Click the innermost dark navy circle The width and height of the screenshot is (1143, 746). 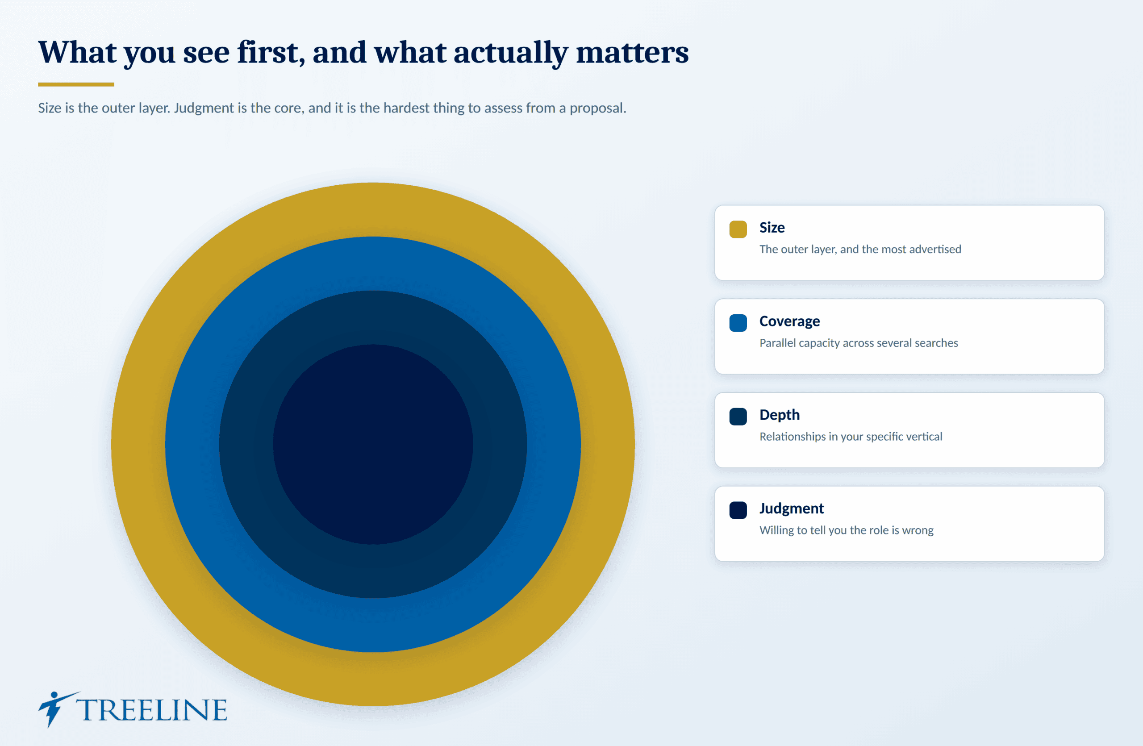(x=373, y=444)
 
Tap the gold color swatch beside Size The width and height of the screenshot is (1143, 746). (x=738, y=229)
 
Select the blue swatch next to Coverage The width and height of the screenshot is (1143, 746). (x=738, y=323)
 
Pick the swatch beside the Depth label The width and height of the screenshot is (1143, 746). (x=738, y=416)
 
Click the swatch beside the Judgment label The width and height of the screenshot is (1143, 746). (x=738, y=510)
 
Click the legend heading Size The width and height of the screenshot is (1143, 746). (x=772, y=228)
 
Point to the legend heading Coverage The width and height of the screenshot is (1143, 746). (x=789, y=321)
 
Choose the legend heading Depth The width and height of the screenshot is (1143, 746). (x=780, y=415)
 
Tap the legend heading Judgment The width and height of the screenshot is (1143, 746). (x=792, y=508)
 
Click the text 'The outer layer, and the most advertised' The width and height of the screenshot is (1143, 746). (x=860, y=249)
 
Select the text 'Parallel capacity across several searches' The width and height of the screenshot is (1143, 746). (x=859, y=343)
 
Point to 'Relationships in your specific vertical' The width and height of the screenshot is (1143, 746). (x=851, y=436)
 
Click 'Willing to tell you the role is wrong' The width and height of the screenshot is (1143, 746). (x=846, y=530)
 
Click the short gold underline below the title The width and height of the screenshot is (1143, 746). (x=76, y=84)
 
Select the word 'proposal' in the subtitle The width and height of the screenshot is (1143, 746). (x=596, y=108)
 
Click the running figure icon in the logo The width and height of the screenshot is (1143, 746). (x=56, y=708)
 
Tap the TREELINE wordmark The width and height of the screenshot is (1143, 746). (x=152, y=710)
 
